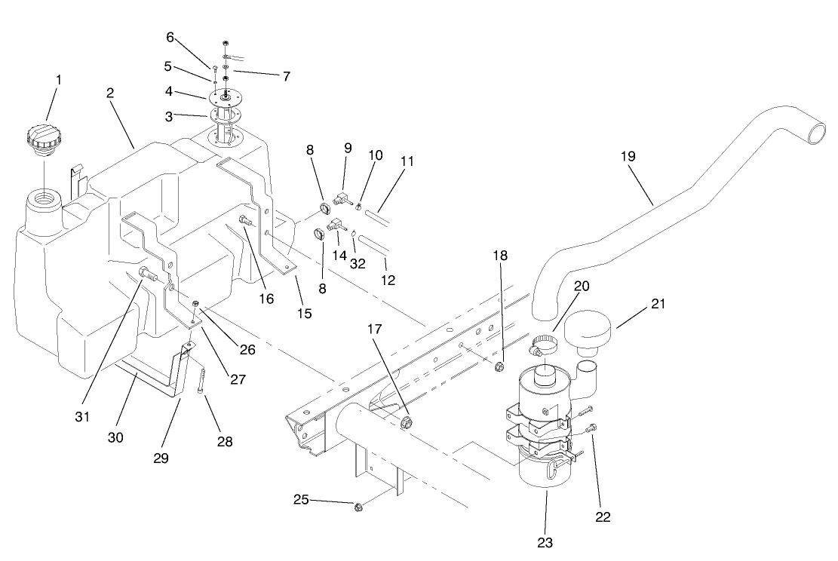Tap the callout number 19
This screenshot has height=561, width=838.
coord(628,156)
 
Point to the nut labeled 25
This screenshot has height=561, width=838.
coord(359,507)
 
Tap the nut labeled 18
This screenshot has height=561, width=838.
coord(499,368)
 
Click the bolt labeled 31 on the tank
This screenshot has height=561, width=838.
coord(146,274)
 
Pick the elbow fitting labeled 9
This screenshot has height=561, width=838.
coord(339,200)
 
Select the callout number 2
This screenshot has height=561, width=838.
coord(110,93)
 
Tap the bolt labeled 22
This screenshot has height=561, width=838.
coord(591,429)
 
